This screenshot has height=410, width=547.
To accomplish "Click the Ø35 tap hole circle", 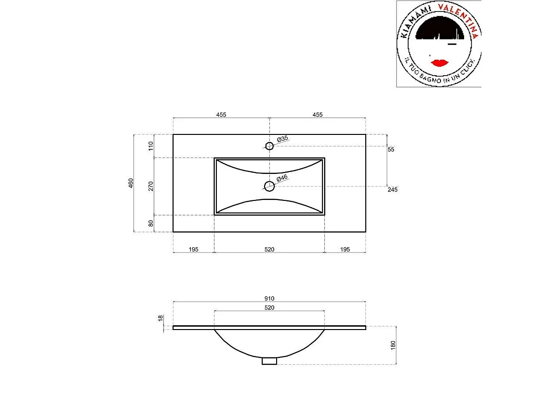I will pos(269,145).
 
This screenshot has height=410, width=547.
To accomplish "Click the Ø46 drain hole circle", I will pos(269,185).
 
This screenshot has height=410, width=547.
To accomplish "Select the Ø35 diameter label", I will pos(282,139).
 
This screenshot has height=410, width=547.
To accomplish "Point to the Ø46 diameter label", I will pos(282,178).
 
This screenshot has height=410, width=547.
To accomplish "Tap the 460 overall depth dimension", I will pos(131,183).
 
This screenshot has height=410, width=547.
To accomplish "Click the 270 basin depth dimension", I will pos(151,186).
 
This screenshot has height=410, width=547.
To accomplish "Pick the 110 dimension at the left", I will pos(151,146).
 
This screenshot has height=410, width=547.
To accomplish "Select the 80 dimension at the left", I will pos(151,223).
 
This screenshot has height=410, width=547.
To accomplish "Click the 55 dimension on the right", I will pos(391,150).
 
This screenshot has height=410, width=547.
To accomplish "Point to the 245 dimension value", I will pos(392,190).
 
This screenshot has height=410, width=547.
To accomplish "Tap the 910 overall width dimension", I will pos(269,299).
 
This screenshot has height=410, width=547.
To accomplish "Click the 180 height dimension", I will pos(393,345).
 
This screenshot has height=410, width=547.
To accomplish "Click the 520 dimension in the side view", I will pos(269,307).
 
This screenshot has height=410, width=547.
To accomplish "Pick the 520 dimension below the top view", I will pos(269,249).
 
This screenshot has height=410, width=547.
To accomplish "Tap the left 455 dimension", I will pos(221,115).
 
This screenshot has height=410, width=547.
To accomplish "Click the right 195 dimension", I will pos(345,249).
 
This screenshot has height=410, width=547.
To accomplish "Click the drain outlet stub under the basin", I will pos(269,360).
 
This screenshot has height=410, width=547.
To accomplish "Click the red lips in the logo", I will pos(440,63).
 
